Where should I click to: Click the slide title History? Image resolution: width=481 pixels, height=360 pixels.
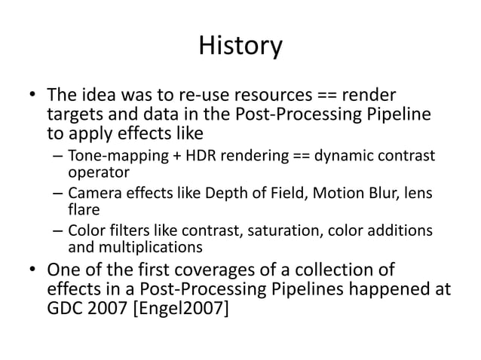(240, 47)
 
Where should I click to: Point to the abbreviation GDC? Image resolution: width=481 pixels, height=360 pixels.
(66, 309)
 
